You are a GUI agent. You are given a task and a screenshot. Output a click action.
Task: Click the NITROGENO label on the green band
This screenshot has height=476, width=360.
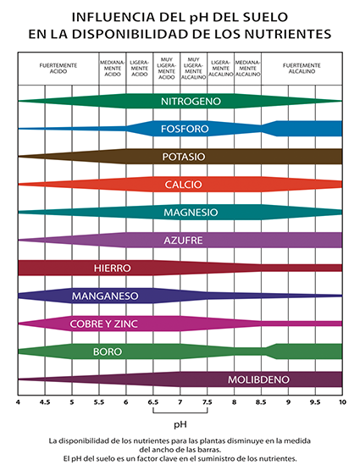click(x=191, y=102)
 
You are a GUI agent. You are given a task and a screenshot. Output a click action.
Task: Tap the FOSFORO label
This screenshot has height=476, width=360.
click(x=185, y=129)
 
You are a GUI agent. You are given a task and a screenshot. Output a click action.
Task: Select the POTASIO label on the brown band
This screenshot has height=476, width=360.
click(x=184, y=157)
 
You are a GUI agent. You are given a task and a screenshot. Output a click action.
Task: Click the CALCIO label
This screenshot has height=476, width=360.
click(x=183, y=185)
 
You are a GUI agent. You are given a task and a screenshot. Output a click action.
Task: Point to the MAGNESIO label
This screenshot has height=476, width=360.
click(x=191, y=213)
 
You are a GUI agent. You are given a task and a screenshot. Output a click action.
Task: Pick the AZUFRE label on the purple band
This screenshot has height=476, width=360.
click(x=183, y=241)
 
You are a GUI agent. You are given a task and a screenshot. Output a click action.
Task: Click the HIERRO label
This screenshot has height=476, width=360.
click(x=113, y=268)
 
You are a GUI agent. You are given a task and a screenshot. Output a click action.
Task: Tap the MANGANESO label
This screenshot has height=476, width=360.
click(x=105, y=296)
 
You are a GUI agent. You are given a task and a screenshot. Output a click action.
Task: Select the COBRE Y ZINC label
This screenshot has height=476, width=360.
click(x=104, y=324)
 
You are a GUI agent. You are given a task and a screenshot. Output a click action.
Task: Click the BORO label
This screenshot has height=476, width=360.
click(x=108, y=351)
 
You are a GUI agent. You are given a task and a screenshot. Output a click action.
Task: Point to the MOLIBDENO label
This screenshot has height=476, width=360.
click(x=258, y=379)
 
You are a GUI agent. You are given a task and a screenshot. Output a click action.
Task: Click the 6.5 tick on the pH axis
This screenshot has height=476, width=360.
click(x=153, y=402)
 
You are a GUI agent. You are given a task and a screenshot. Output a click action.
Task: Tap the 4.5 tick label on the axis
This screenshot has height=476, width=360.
click(x=45, y=402)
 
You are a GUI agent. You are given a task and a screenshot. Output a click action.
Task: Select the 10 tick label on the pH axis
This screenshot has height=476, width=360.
click(x=342, y=402)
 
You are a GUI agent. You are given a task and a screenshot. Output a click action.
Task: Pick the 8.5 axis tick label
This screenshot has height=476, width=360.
click(x=261, y=402)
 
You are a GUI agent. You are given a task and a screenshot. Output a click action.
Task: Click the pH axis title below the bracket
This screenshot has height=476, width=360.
click(x=180, y=424)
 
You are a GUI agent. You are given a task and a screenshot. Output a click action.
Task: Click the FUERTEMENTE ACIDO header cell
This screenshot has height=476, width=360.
click(x=58, y=69)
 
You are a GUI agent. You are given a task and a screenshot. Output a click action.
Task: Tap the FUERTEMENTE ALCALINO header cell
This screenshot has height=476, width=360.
click(x=302, y=69)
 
